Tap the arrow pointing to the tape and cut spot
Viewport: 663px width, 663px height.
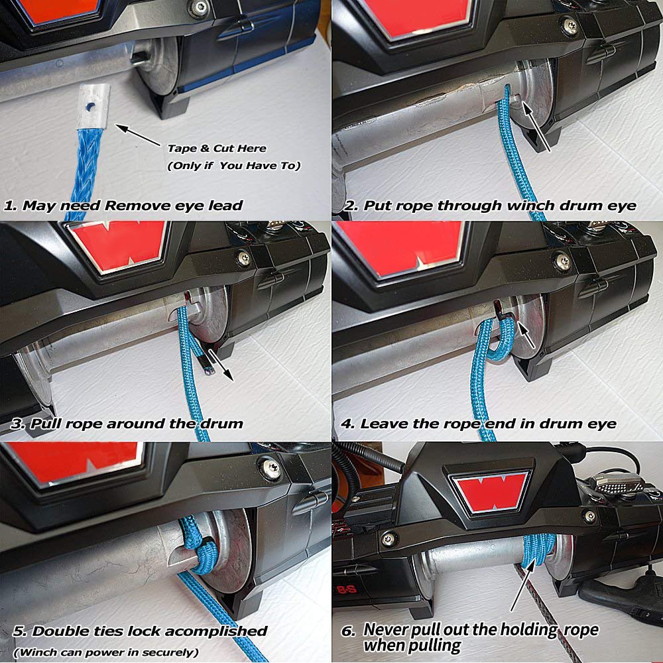click(x=137, y=135)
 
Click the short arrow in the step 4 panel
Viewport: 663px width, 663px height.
click(x=526, y=335)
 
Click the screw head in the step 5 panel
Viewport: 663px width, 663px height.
click(x=270, y=467)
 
